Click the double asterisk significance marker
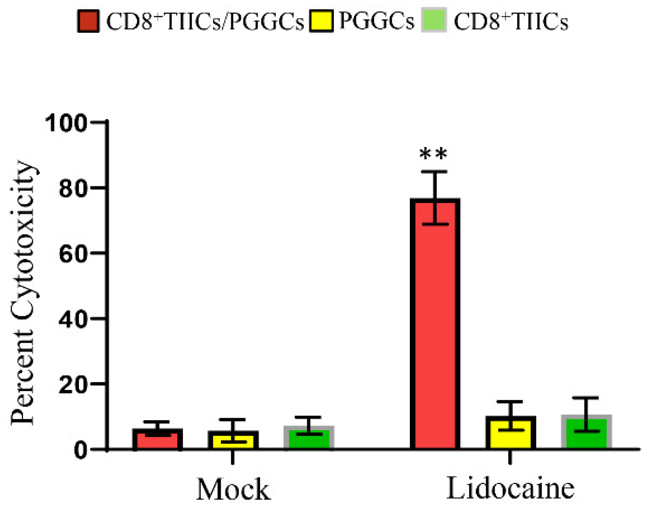point(433,155)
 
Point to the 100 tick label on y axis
point(66,123)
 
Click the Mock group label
point(233,489)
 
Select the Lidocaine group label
point(510,489)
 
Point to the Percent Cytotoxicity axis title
point(23,292)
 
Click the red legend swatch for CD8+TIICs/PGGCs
point(88,21)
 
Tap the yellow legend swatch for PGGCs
point(321,21)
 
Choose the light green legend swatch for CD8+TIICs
point(434,21)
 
